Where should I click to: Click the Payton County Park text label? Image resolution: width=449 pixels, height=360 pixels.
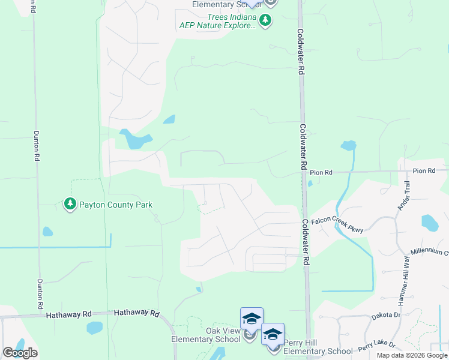(116, 205)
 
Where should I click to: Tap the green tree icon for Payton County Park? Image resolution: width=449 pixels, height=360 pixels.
(70, 205)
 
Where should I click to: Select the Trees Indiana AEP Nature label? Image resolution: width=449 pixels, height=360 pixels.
(218, 21)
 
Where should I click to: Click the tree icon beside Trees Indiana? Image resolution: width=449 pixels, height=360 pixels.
(265, 21)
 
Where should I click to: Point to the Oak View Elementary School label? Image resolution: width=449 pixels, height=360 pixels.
(206, 335)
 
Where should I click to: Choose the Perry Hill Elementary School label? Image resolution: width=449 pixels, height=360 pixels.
(318, 347)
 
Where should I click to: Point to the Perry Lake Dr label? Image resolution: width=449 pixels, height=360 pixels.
(377, 346)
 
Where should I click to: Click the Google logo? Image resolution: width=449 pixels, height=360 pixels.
(20, 353)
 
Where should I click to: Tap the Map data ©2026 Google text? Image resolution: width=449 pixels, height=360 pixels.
(412, 355)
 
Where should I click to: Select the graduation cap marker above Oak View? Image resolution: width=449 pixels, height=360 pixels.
(252, 319)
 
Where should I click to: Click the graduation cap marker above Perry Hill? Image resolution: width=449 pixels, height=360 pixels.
(273, 334)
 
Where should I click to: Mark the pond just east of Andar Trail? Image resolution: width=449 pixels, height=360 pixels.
(430, 223)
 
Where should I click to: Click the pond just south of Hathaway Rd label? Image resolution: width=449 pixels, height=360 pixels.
(94, 328)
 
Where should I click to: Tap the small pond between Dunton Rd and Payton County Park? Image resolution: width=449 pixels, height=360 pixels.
(47, 232)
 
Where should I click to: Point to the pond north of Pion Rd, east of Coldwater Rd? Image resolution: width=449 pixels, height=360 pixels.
(348, 145)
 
